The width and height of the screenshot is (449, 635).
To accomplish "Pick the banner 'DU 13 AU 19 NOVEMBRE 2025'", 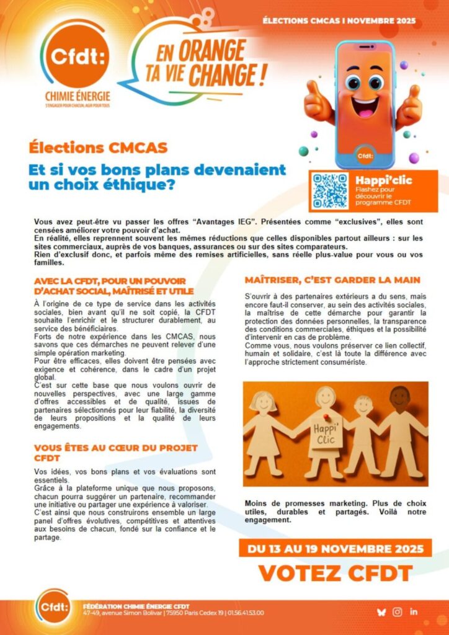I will click(x=335, y=549).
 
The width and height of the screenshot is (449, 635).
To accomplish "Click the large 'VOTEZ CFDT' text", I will click(x=335, y=573).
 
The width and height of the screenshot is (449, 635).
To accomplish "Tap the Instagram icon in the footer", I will click(x=398, y=612).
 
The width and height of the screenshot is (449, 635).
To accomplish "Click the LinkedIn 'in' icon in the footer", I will click(x=414, y=612).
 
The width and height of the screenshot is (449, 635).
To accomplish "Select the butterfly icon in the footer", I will click(x=381, y=612).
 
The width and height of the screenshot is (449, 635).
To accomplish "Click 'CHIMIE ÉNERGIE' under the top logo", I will click(x=74, y=96).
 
